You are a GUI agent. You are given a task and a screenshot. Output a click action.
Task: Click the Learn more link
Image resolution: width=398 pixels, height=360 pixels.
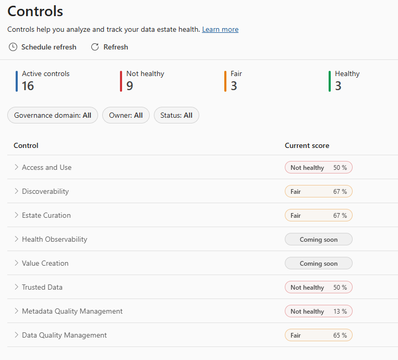pos(220,30)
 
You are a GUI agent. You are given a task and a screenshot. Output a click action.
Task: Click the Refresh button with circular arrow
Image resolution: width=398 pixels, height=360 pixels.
pos(110,47)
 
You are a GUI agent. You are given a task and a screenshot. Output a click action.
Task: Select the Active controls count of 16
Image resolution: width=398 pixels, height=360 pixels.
pos(28,86)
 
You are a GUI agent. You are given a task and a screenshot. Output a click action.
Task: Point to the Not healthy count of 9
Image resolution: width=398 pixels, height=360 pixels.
pos(129,86)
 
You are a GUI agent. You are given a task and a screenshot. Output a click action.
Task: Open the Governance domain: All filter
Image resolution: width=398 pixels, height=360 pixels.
pos(53,116)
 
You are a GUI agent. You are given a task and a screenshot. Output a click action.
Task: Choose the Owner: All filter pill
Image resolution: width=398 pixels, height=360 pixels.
pos(126,116)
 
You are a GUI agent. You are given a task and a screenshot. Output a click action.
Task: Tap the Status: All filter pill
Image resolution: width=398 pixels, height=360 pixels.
pos(176,116)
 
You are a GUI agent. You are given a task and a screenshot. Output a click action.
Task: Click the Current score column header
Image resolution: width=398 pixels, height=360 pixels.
pos(307,146)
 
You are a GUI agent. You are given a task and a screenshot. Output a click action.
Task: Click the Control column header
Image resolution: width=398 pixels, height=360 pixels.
pos(26,146)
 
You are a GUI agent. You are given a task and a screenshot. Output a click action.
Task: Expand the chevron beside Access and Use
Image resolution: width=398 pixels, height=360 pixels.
pos(16,167)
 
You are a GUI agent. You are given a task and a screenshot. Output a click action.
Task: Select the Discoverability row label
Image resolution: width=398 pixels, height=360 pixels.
pos(45,191)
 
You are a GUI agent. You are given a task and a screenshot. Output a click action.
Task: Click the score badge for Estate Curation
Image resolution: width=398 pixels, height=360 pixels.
pos(318,215)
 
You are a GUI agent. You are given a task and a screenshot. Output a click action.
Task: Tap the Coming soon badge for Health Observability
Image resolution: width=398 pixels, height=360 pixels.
pos(318,240)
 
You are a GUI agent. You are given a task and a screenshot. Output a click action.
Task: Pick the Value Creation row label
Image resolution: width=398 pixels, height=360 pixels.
pos(45,263)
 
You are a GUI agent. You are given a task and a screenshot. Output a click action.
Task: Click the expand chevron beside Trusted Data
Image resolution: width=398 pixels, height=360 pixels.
pos(16,287)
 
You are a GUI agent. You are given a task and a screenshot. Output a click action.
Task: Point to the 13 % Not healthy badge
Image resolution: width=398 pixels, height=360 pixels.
pos(318,311)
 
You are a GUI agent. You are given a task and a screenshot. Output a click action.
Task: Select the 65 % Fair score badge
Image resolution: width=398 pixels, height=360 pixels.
pos(318,335)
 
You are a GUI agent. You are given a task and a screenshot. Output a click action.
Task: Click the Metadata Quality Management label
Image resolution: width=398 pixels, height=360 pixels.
pos(72,311)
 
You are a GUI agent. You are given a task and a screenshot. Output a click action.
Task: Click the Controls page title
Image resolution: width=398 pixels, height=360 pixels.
pos(35,11)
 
